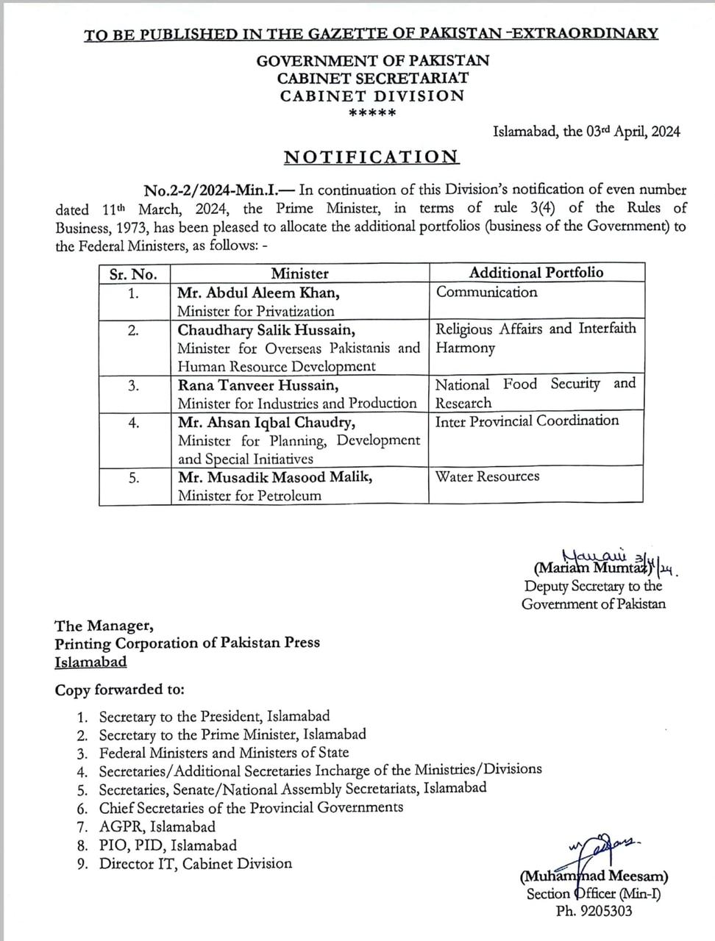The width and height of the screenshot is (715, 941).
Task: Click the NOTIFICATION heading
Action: tap(371, 157)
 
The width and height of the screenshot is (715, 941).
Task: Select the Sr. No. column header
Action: tap(133, 274)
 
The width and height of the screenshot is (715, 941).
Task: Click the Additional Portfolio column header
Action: tap(536, 273)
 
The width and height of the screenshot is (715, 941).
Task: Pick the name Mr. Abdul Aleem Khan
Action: tap(258, 293)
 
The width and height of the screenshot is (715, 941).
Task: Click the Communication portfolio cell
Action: tap(486, 292)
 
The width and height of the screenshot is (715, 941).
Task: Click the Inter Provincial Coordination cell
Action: tap(527, 421)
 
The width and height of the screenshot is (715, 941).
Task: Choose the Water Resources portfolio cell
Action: tap(487, 476)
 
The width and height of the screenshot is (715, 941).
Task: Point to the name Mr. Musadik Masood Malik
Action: tap(275, 476)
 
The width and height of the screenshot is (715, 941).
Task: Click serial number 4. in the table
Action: tap(133, 422)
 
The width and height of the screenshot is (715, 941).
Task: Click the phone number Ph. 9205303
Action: tap(594, 911)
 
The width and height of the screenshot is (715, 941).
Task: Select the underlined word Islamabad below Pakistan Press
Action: tap(90, 662)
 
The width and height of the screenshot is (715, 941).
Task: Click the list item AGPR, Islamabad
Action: tap(157, 826)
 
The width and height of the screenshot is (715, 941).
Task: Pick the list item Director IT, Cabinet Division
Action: tap(196, 864)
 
